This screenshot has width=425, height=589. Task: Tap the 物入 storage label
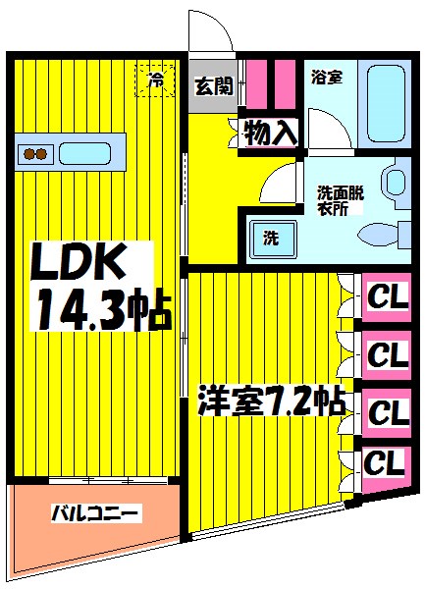[269, 133]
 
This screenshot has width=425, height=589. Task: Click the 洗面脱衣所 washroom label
[339, 199]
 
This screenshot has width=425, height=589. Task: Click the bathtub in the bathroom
[388, 104]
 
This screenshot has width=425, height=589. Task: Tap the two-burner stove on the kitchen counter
[36, 153]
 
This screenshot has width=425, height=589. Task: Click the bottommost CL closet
[384, 461]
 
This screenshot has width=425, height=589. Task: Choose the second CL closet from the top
[387, 352]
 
